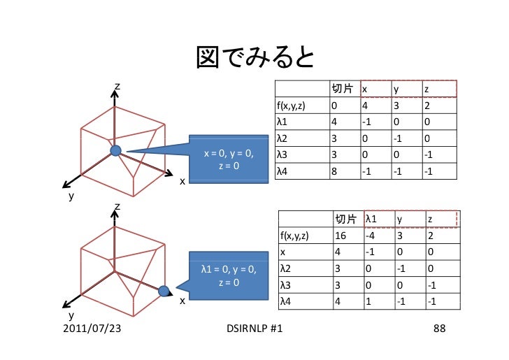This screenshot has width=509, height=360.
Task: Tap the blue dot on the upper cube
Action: coord(116,150)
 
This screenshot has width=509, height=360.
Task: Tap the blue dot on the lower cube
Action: coord(163,291)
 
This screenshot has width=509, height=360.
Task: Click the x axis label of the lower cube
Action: coord(182,301)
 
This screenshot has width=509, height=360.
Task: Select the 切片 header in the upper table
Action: coord(341,89)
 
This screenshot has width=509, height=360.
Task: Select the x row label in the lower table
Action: coord(282,252)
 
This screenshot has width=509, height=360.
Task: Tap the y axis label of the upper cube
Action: coord(71,196)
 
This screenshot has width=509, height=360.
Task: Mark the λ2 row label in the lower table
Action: coord(285,268)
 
